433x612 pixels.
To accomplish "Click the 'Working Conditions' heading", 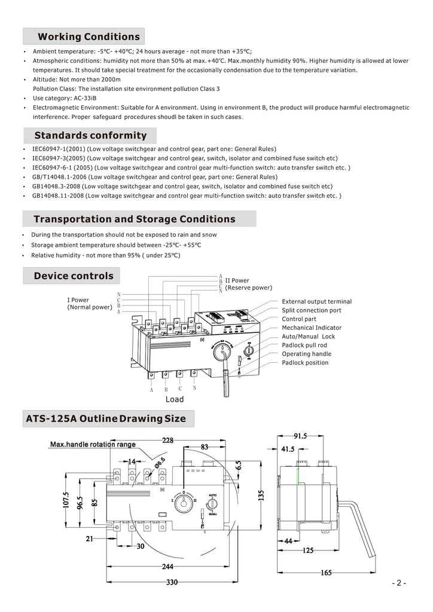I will point(89,37).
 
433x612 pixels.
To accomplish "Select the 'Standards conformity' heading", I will point(90,135).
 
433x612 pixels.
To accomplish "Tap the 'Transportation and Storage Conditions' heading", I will point(135,219).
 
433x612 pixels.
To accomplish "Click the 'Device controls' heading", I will point(74,276).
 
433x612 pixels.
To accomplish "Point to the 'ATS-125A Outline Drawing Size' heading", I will point(106,418).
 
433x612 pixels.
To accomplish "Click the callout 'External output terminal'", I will point(316,302).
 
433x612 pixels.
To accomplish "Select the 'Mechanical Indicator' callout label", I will point(312,328).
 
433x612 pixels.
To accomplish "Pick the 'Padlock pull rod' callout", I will point(304,345).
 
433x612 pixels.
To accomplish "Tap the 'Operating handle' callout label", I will point(306,354).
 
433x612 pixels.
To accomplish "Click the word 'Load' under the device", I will point(175,399).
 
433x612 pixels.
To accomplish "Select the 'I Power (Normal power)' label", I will point(89,304).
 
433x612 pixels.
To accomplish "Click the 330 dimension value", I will point(172,583).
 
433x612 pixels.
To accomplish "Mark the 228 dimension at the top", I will point(167,440).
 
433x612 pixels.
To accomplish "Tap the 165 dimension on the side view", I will point(326,573).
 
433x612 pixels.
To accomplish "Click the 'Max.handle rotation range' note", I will point(93,445).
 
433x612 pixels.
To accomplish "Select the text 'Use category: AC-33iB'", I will point(64,98).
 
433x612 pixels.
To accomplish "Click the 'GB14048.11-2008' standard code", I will point(58,195).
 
